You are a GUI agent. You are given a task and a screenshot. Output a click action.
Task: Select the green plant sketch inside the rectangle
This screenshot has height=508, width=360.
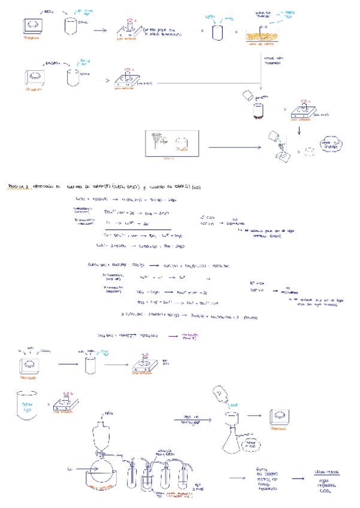[x=159, y=142]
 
